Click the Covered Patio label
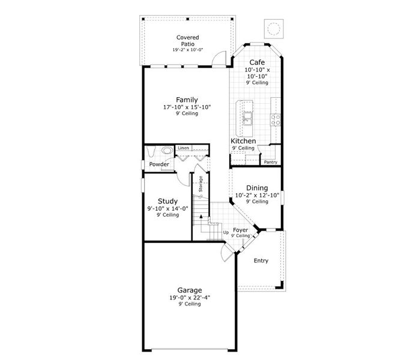187,41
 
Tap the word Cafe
257,62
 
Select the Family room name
187,100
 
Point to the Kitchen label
243,140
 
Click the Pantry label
270,161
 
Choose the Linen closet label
183,148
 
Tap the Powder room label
159,164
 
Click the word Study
167,201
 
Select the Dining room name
257,188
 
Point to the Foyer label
240,230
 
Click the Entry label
261,260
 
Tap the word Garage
189,289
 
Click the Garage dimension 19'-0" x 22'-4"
189,297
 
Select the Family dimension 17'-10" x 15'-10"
187,107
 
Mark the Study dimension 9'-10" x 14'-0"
167,208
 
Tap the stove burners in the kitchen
276,119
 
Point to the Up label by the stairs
226,232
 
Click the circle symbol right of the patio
274,28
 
